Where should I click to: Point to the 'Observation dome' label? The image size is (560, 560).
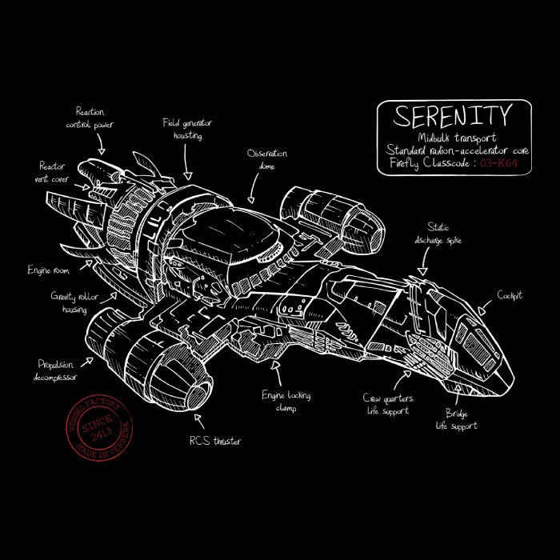pos(267,159)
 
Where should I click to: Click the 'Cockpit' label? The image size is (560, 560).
pos(510,295)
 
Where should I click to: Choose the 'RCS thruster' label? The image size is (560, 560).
pos(214,441)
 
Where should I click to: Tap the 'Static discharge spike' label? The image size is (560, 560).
pos(438,233)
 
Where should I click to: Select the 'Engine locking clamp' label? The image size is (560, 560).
pos(286,402)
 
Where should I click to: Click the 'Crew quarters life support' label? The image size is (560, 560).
pos(387,404)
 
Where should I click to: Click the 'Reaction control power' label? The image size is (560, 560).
pos(90,118)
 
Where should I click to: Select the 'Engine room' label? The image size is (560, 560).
pos(50,270)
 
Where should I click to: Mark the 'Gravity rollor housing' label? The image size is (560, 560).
pos(74,302)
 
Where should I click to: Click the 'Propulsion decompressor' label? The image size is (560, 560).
pos(57,369)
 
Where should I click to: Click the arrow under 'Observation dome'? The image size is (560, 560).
pos(254,189)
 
